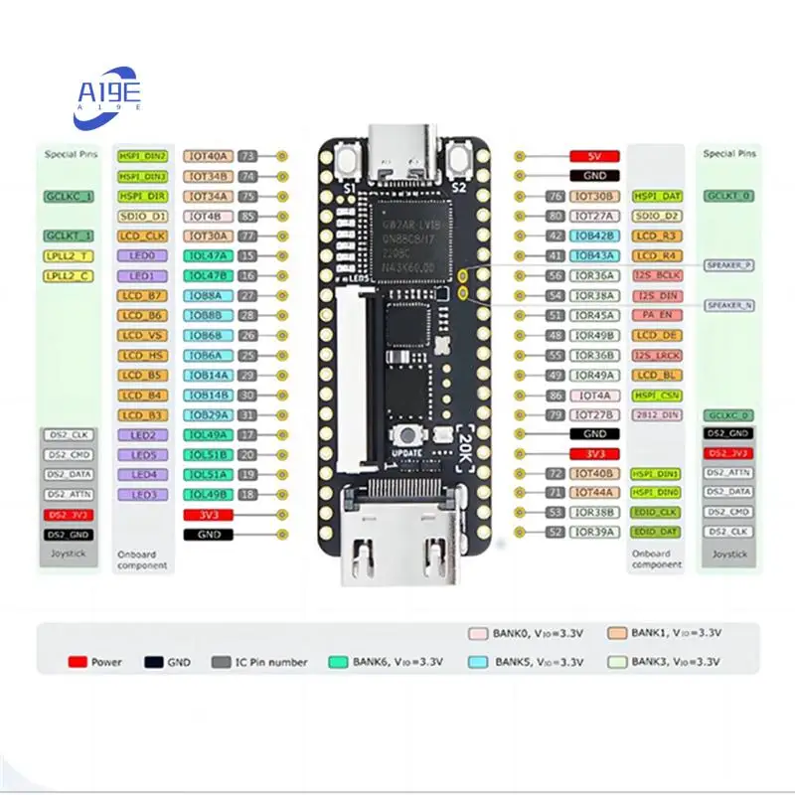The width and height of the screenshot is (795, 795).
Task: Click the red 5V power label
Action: [x=595, y=157]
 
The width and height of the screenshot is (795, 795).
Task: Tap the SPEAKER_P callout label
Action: [x=728, y=265]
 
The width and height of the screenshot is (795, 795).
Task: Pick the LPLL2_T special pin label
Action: [x=69, y=255]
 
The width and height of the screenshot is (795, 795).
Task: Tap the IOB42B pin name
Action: [x=595, y=236]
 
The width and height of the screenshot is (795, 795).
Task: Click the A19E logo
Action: [x=110, y=95]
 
